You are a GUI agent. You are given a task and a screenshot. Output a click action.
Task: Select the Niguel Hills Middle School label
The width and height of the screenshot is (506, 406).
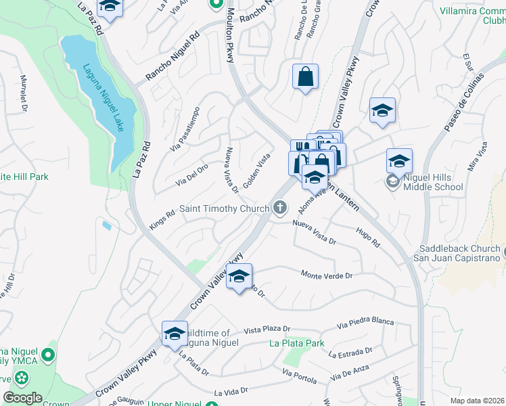pos(433,181)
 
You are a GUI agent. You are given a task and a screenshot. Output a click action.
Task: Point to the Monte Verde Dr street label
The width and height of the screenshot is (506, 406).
pos(327,275)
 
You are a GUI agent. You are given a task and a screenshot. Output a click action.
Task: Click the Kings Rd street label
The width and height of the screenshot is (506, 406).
pos(162,221)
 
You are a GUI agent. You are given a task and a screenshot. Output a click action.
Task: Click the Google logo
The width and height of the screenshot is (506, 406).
pos(22,397)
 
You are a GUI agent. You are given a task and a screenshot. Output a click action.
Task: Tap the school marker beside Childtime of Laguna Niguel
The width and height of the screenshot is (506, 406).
pos(175,334)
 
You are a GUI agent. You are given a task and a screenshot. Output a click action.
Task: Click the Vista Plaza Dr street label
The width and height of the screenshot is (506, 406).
pos(271,329)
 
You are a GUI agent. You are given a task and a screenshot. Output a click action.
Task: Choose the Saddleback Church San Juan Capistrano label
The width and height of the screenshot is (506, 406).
pos(459,253)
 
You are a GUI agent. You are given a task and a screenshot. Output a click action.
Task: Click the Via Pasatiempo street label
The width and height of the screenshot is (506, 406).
pos(185,128)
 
